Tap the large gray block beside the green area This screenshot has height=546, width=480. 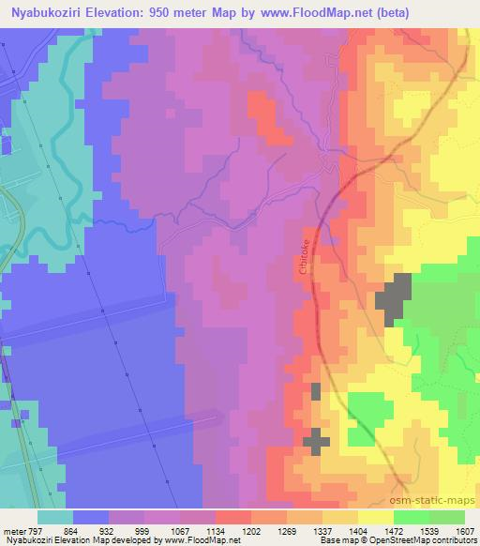click(x=395, y=299)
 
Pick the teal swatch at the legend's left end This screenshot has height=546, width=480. click(x=56, y=516)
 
